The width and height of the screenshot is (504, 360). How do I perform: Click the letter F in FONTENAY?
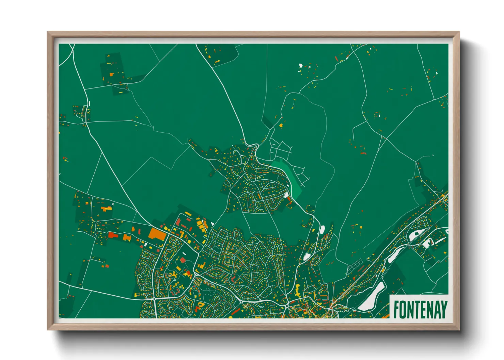click(396, 309)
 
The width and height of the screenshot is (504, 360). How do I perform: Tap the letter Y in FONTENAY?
click(443, 309)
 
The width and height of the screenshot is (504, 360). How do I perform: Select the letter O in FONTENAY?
click(403, 309)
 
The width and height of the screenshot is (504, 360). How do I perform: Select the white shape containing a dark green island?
click(416, 233)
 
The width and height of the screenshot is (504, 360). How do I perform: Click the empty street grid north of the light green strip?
click(281, 149)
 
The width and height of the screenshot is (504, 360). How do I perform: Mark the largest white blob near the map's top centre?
click(300, 65)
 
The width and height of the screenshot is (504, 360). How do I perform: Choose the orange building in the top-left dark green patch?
click(111, 74)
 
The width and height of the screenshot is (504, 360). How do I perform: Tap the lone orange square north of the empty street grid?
click(281, 125)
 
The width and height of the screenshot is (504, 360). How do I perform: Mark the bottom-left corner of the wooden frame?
click(48, 329)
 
